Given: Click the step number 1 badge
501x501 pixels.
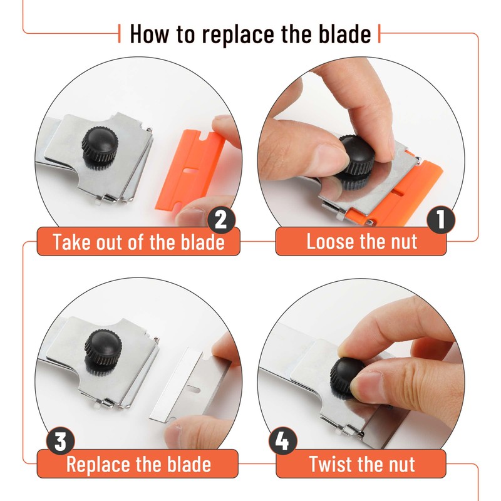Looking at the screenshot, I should [x=441, y=221].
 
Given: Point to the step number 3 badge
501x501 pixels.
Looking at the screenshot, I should [x=59, y=442].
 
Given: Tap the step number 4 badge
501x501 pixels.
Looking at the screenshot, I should [x=282, y=442].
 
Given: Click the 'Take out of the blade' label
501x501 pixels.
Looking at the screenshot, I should [x=138, y=242].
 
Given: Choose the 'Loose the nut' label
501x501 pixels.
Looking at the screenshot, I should [x=361, y=242].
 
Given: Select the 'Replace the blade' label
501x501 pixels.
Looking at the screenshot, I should [x=138, y=465].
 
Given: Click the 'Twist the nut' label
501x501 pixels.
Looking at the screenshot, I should [x=361, y=465].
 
